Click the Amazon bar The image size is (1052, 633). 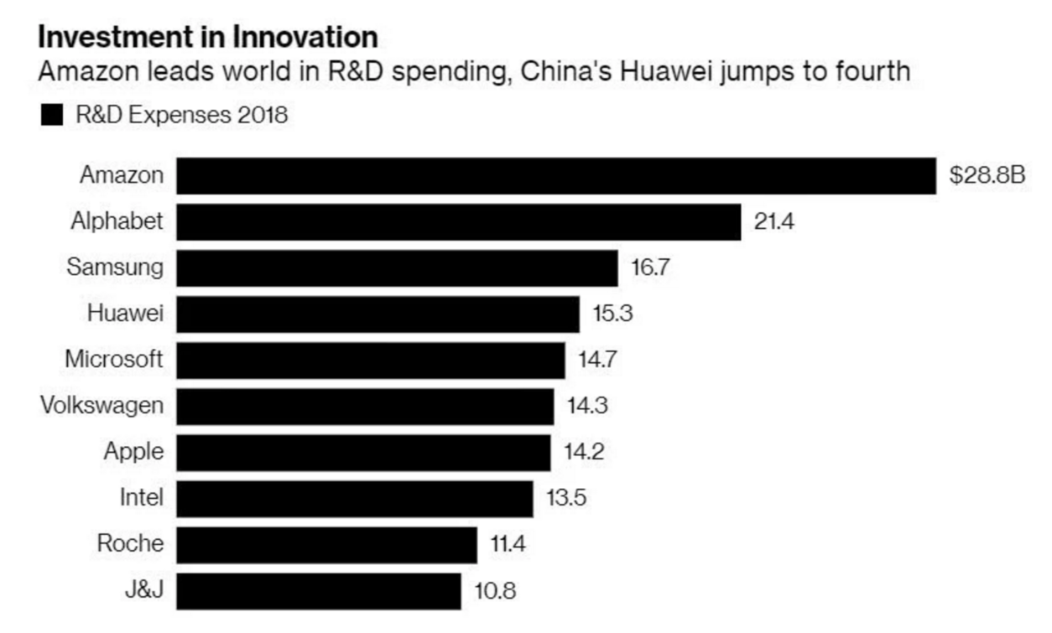click(555, 176)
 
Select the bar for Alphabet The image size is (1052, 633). click(458, 222)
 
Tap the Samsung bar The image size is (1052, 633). click(397, 268)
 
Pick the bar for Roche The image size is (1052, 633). click(326, 545)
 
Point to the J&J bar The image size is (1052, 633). click(319, 591)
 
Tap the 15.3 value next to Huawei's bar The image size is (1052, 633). click(612, 314)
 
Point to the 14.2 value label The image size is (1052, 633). click(583, 453)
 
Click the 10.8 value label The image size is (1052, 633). click(494, 591)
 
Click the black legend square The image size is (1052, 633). click(52, 116)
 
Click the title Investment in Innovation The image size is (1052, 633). click(207, 38)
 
